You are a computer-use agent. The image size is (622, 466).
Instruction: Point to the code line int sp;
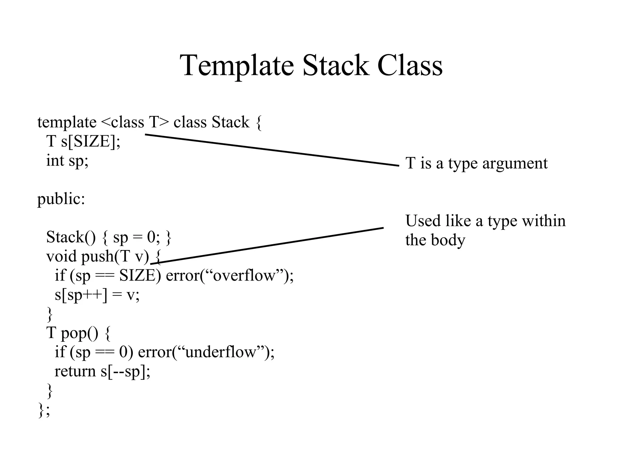(67, 161)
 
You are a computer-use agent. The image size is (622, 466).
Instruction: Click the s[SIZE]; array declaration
(91, 142)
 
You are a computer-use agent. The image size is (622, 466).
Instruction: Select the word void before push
(61, 256)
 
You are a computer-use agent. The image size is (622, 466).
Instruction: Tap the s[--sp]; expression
(125, 371)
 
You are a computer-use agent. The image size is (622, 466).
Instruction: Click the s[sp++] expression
(81, 295)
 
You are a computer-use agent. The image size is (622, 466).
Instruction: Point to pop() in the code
(80, 333)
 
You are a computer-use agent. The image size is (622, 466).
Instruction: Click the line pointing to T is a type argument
(272, 150)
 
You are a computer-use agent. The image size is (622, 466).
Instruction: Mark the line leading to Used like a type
(267, 246)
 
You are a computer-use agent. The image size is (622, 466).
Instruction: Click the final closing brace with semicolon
(44, 410)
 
